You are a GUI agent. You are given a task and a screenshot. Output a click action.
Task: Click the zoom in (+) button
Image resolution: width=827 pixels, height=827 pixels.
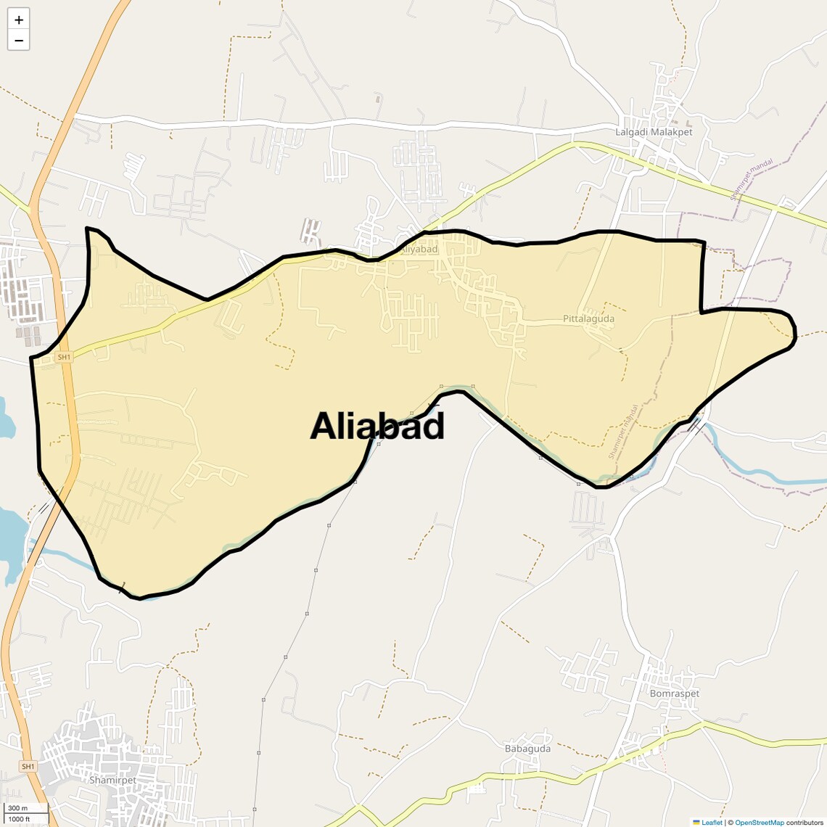tap(19, 20)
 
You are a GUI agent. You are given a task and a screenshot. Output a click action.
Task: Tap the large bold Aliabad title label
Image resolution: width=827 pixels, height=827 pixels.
tap(377, 426)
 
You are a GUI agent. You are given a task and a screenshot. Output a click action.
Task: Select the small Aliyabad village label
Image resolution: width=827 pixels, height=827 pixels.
tap(419, 250)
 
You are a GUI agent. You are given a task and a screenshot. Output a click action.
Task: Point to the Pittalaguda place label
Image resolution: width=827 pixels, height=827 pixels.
tap(588, 318)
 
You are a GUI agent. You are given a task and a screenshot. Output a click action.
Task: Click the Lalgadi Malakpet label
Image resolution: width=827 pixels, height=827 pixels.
tap(654, 132)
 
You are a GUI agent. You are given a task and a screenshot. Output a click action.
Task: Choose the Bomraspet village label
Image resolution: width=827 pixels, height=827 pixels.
tap(675, 694)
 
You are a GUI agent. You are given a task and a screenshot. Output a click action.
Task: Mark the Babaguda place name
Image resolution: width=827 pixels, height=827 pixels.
tap(527, 749)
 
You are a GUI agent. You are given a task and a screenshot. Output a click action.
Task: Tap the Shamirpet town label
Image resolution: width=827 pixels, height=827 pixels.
tap(112, 780)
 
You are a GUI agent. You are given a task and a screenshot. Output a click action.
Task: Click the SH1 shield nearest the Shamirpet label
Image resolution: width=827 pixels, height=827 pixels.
tap(28, 767)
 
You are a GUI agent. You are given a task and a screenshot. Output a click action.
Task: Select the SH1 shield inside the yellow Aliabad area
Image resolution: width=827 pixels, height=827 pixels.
tap(65, 357)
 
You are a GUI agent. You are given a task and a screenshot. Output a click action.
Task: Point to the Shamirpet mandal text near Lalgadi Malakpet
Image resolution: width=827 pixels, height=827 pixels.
tap(752, 179)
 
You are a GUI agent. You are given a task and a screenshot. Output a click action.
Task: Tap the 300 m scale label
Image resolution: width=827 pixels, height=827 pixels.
tap(17, 808)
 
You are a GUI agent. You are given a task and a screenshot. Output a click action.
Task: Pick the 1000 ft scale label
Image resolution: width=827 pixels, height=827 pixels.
tap(19, 819)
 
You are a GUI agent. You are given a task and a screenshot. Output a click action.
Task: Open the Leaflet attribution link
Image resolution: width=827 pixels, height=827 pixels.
tap(712, 823)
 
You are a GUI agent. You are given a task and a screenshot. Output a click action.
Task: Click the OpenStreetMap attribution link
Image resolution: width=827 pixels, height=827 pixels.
tap(759, 823)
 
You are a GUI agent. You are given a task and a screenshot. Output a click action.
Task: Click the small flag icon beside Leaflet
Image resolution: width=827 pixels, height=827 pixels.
tap(696, 823)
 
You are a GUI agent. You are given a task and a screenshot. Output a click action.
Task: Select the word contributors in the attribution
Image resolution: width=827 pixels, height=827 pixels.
tap(805, 823)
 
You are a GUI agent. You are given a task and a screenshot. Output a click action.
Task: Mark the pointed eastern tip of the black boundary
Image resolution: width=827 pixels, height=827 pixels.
tap(795, 334)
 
